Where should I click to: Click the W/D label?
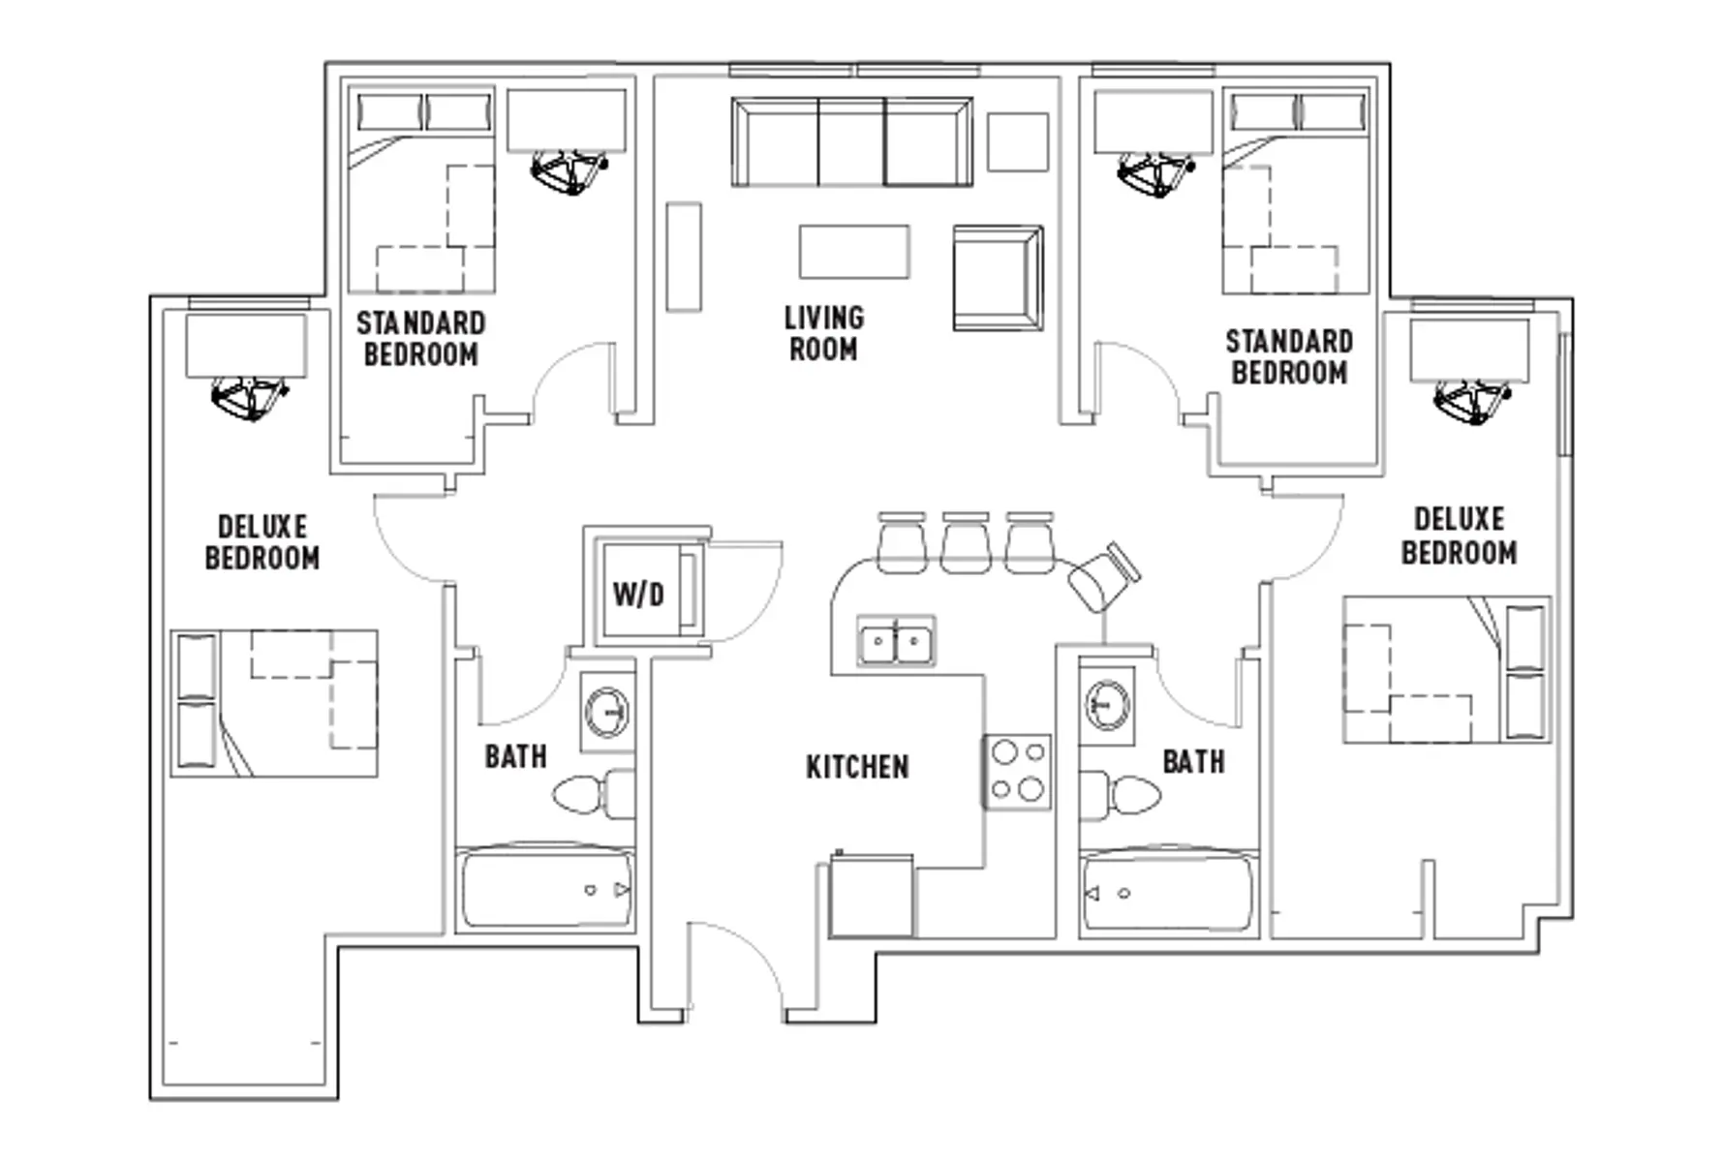[x=638, y=594]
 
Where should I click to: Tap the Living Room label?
[x=823, y=333]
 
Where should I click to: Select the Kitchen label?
[x=857, y=767]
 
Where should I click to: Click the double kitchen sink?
[x=896, y=641]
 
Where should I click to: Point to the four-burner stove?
[x=1017, y=772]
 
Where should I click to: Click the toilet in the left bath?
[x=594, y=794]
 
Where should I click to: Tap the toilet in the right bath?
[x=1121, y=795]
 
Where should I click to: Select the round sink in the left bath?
[x=607, y=712]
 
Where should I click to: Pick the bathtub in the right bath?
[x=1168, y=891]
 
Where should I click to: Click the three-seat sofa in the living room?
[x=852, y=141]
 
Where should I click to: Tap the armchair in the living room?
[x=998, y=278]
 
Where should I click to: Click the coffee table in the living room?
[x=854, y=252]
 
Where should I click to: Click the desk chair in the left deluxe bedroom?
[x=249, y=397]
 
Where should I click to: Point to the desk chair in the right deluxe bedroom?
[x=1472, y=400]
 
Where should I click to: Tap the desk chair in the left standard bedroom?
[x=569, y=172]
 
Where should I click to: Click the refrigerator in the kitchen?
[x=872, y=896]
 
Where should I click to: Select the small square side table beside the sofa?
[x=1018, y=142]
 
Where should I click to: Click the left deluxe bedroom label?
[x=262, y=542]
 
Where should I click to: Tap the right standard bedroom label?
[x=1289, y=357]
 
